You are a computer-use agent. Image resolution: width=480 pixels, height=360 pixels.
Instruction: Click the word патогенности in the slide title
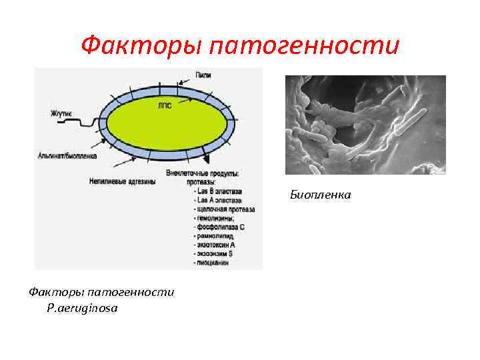[303, 46]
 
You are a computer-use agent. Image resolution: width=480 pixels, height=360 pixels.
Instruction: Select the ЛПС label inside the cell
[164, 105]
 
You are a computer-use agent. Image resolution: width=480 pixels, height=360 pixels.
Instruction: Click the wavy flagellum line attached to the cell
[87, 121]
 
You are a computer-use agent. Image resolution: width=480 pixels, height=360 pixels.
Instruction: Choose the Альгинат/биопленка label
[67, 156]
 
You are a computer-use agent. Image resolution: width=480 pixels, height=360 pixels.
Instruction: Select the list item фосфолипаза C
[220, 227]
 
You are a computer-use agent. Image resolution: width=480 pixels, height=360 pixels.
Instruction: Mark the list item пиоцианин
[212, 263]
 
